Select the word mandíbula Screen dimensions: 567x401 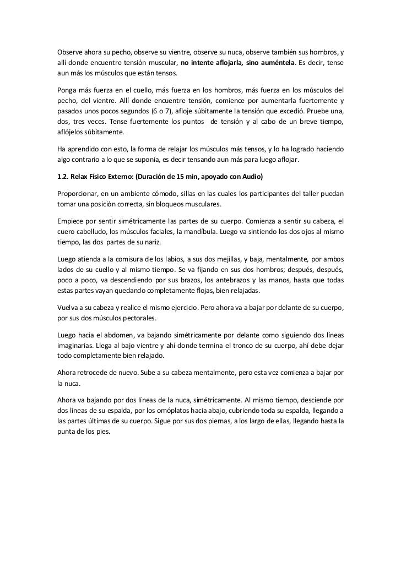pos(195,231)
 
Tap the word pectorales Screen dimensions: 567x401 pos(140,318)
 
